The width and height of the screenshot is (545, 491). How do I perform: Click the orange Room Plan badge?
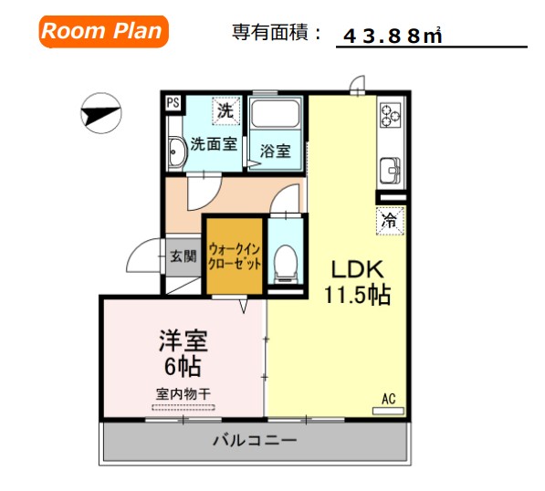tap(102, 32)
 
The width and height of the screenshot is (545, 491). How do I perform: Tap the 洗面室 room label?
tap(214, 144)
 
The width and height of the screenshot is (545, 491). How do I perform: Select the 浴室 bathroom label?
tap(275, 151)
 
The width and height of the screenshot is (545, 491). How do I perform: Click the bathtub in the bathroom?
tap(277, 116)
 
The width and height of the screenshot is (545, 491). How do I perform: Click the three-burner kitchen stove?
tap(391, 116)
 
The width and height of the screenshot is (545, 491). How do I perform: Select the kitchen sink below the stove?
tap(390, 169)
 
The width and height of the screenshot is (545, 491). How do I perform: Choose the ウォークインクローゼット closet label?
tap(235, 256)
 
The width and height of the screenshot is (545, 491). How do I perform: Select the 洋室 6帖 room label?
tap(183, 354)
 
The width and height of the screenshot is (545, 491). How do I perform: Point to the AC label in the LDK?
tap(388, 399)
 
